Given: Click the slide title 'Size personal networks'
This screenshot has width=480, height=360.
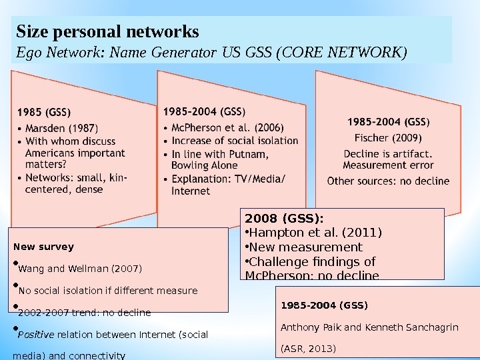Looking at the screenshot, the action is [107, 31].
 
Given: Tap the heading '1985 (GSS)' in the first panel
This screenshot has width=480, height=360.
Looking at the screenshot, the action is [44, 112].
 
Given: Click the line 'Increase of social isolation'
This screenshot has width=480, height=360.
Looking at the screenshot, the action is [235, 141].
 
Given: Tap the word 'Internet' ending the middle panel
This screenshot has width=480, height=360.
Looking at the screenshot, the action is [191, 191].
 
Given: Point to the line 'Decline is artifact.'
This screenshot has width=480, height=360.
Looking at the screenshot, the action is [388, 154].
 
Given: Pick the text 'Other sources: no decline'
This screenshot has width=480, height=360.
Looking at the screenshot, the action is [388, 181].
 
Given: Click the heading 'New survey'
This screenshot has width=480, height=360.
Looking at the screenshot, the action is [43, 247].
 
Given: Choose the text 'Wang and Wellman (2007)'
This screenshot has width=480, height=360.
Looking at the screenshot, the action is [79, 269].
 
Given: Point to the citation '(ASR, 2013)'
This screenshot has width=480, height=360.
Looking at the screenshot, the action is [309, 349].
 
